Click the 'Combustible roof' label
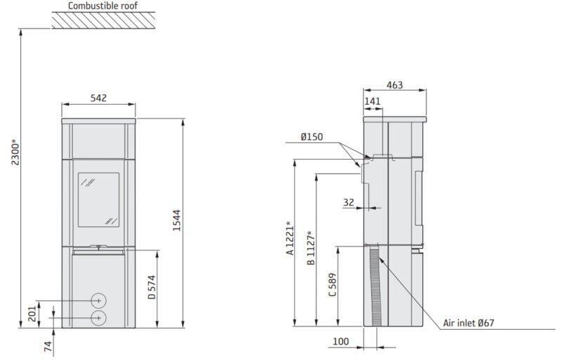point(103,6)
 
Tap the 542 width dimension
point(98,98)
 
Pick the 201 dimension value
point(32,314)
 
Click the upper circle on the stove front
point(98,301)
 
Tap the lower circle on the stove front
point(98,318)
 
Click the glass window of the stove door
point(98,200)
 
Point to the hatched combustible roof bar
point(103,20)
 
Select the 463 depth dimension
point(394,85)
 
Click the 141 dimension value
point(372,102)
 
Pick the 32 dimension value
point(348,202)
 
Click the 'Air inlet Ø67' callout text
point(469,323)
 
